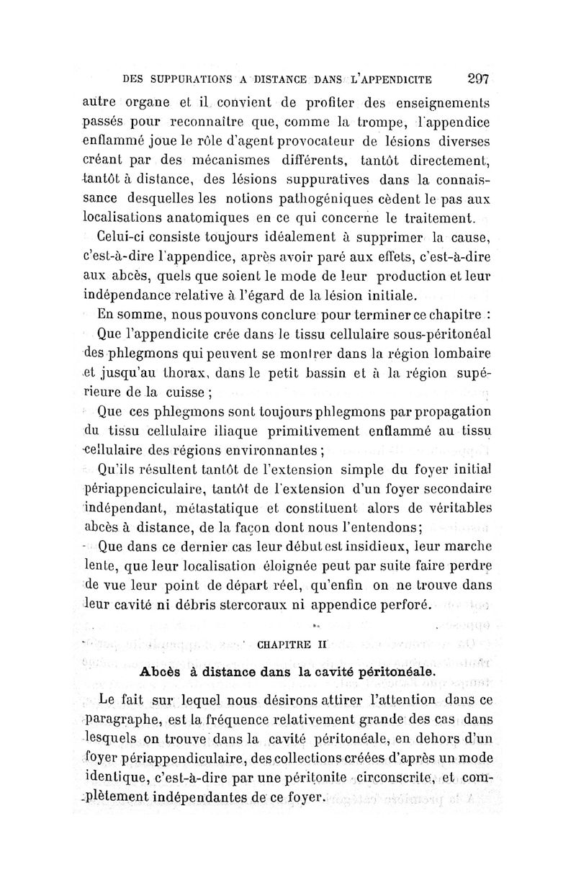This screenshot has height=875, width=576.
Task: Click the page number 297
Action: pos(477,79)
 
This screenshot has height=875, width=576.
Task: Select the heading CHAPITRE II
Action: pos(292,644)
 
